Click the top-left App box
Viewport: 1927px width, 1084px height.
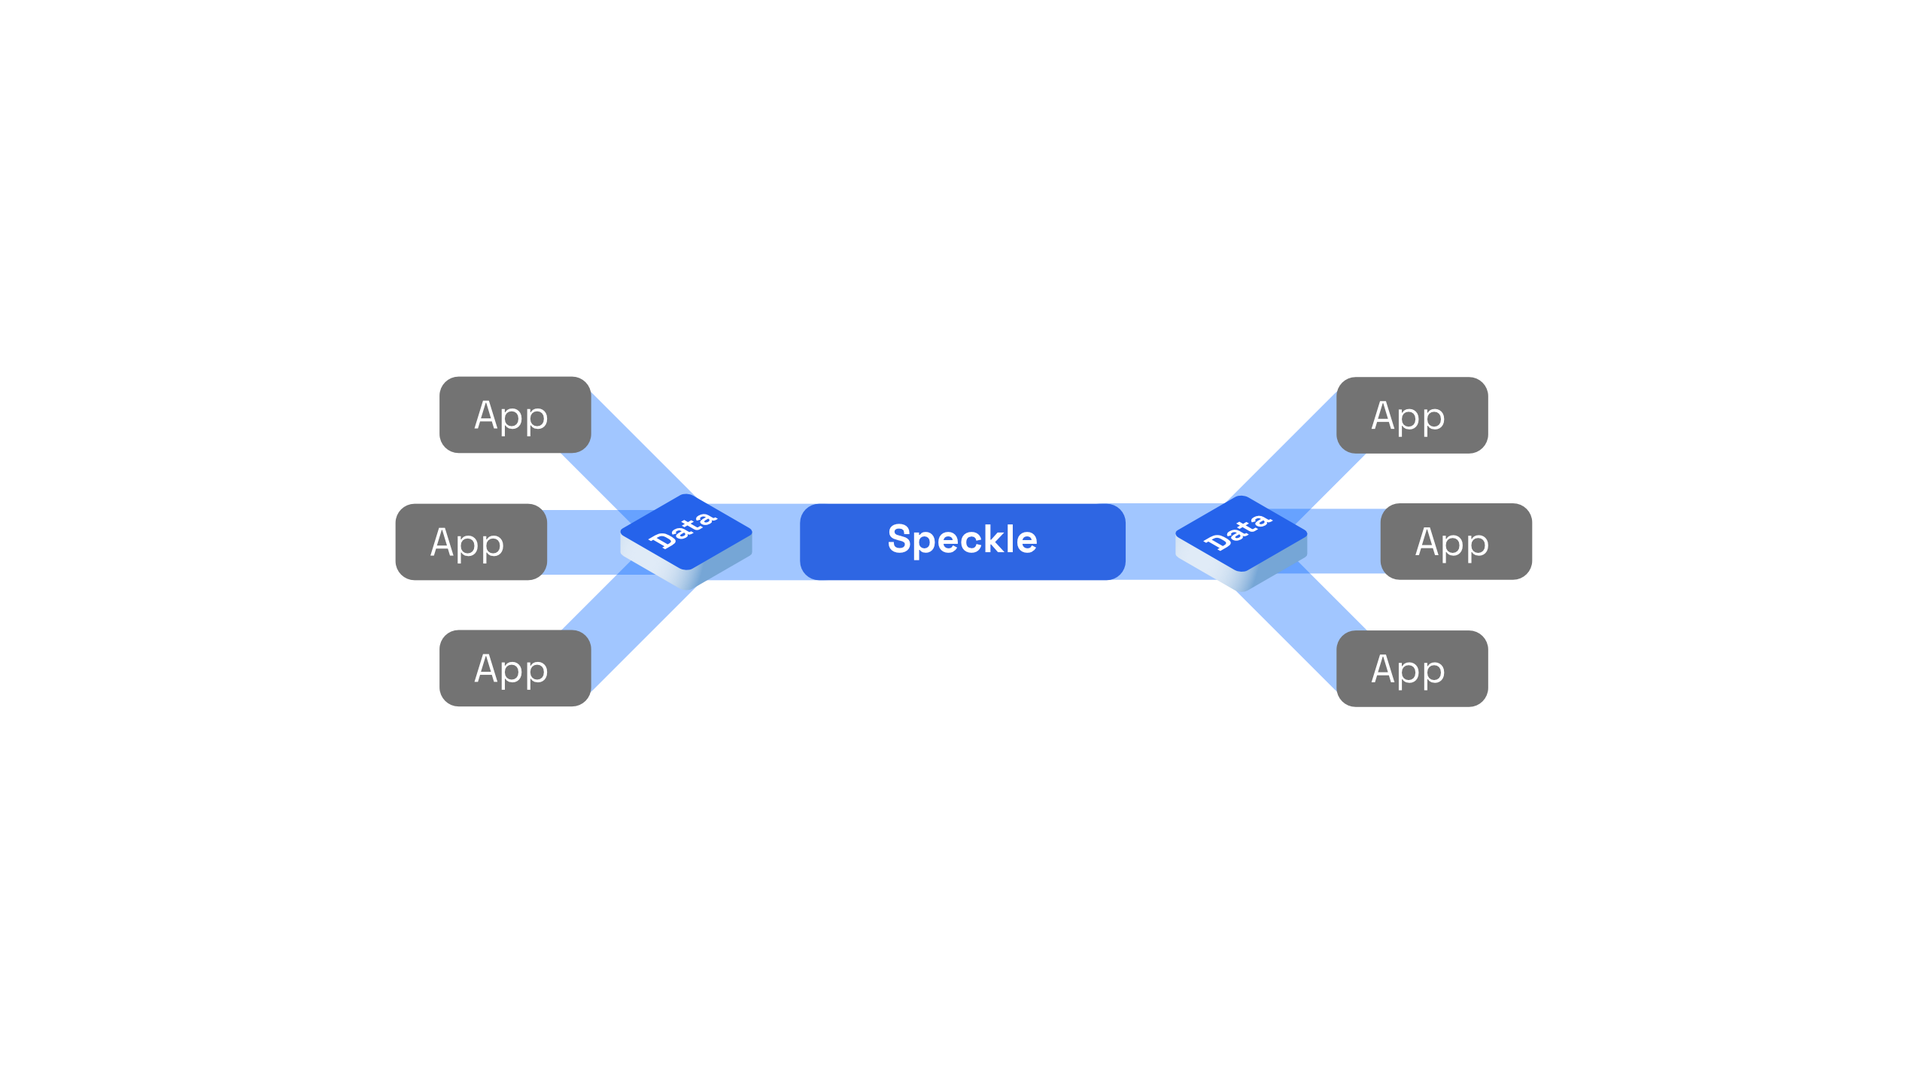pos(515,414)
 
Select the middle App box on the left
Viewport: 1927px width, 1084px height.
pos(471,542)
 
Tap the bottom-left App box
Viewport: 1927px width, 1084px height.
pos(515,668)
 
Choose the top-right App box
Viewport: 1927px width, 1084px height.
pos(1412,415)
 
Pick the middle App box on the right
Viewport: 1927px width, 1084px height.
pos(1456,542)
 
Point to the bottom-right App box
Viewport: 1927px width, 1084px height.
pos(1412,669)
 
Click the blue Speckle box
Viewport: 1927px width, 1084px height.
pos(962,542)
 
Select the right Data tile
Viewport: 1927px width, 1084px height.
pos(1242,543)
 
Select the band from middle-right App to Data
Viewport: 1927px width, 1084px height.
pos(1339,542)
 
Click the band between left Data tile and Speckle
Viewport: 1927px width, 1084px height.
pos(775,542)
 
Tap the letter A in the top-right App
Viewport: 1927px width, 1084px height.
pos(1384,415)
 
